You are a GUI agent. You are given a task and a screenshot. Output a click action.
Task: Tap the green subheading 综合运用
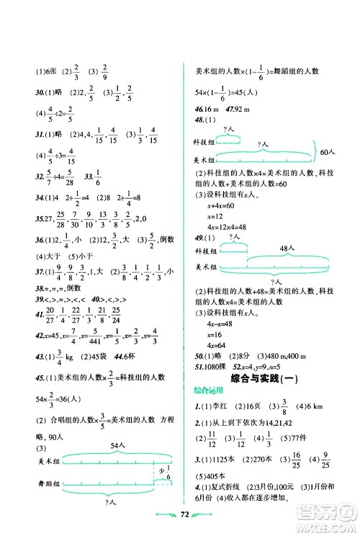click(209, 390)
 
